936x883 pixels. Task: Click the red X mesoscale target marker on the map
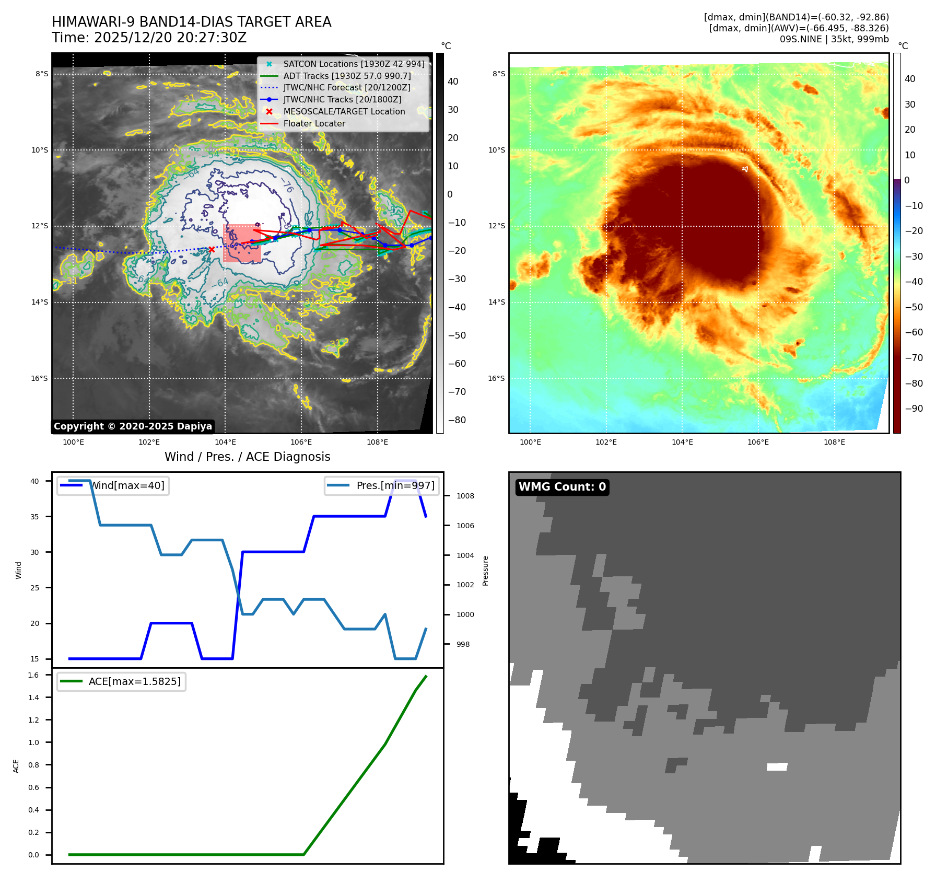coord(212,250)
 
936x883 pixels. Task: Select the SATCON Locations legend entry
coord(354,64)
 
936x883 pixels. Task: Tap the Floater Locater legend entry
coord(314,124)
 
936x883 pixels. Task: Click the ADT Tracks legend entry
coord(347,76)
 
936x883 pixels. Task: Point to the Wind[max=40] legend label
coord(127,486)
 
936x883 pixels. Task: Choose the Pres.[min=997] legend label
coord(395,486)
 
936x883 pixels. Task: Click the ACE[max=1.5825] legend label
coord(135,682)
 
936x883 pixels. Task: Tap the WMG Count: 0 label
coord(562,487)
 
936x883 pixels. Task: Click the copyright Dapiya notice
coord(133,426)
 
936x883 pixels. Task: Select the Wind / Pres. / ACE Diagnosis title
coord(247,457)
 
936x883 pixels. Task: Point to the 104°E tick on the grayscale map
coord(225,443)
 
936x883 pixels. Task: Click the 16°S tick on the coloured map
coord(496,379)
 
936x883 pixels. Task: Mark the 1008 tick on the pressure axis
coord(465,496)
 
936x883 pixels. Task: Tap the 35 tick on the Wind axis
coord(34,517)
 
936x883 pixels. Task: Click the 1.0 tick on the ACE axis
coord(33,742)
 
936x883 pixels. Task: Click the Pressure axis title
coord(486,571)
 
